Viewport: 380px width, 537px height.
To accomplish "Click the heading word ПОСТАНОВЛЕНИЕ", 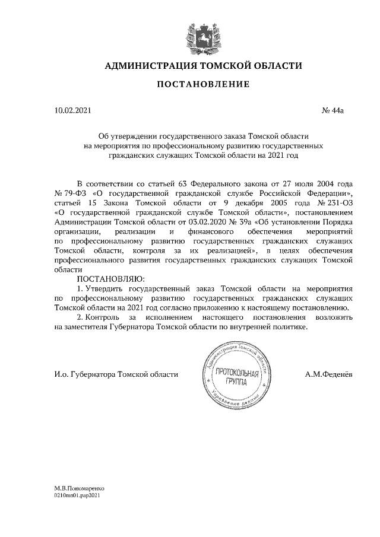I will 203,85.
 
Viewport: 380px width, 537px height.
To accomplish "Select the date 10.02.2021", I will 73,110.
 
